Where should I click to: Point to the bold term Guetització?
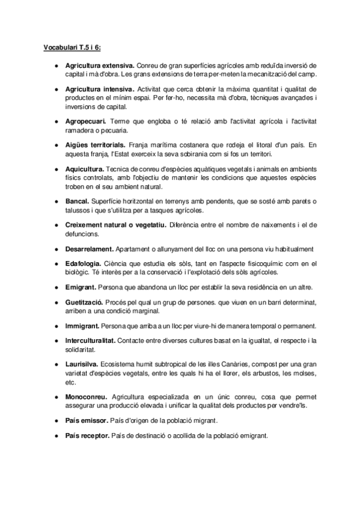click(x=85, y=302)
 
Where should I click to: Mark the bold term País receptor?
click(x=88, y=435)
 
